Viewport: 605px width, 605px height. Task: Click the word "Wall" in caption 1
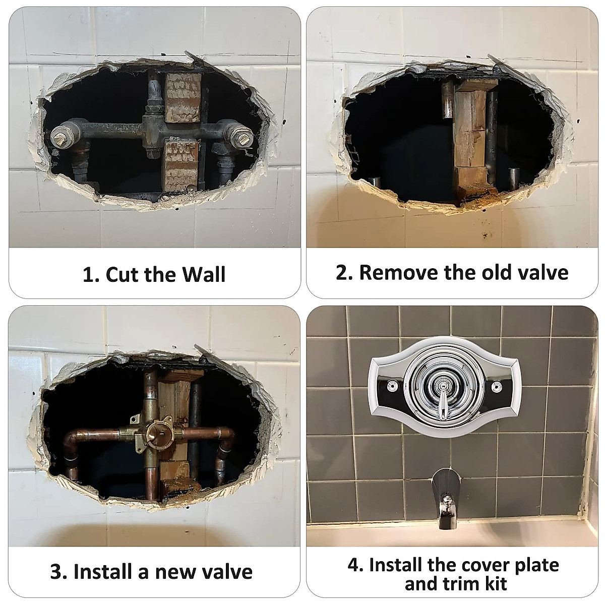click(204, 274)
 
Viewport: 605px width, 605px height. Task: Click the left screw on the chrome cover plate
click(391, 387)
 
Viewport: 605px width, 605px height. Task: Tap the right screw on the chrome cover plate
click(497, 387)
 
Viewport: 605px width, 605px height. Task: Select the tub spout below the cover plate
click(445, 497)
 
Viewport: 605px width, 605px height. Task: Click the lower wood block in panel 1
click(181, 164)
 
